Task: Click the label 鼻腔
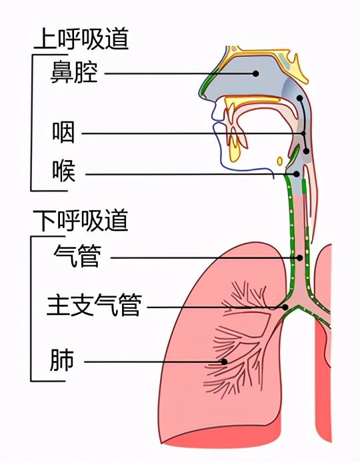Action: [74, 73]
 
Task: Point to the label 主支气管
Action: [93, 306]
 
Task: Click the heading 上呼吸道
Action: [81, 39]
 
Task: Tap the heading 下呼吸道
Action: [81, 220]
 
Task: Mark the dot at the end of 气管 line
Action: [299, 258]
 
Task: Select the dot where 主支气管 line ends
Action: [285, 307]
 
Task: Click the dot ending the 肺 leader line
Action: [225, 362]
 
